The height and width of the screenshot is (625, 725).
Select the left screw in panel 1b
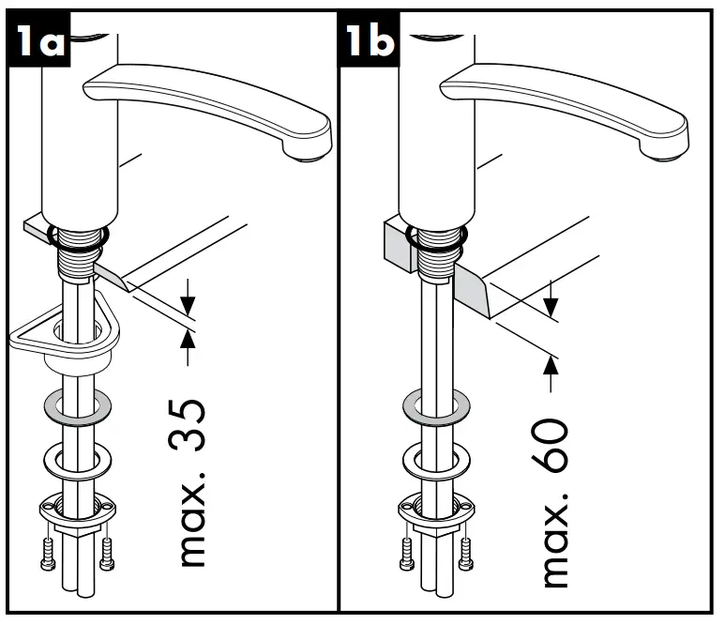[405, 555]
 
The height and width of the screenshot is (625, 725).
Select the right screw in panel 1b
[465, 555]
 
